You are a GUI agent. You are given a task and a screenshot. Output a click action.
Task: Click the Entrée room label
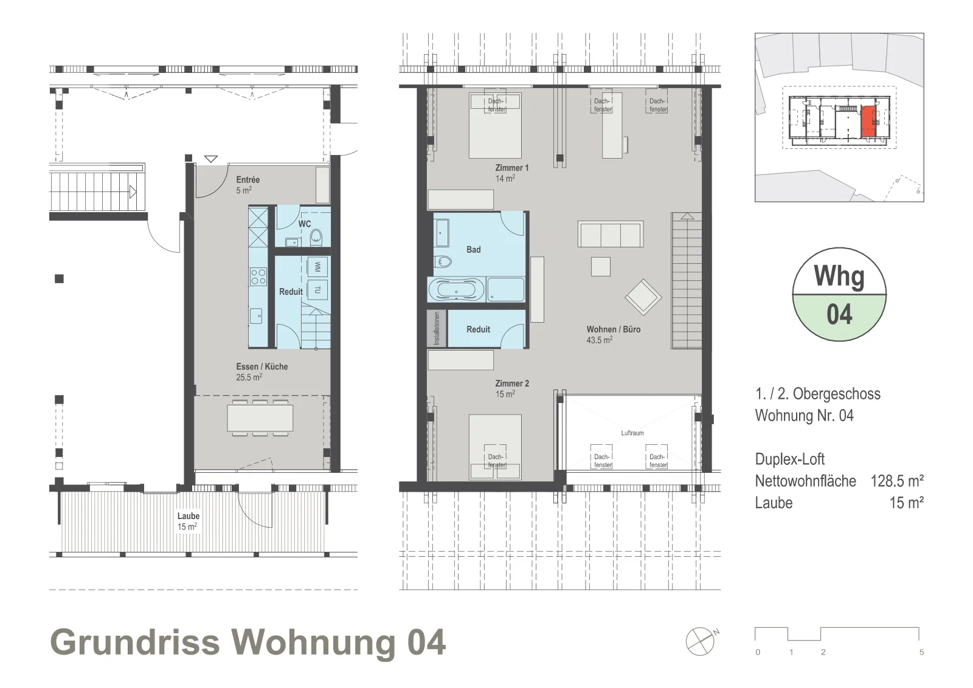(248, 180)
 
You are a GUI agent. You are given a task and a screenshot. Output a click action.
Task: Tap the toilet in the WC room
(316, 237)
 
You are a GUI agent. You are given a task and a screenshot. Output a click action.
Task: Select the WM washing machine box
(317, 266)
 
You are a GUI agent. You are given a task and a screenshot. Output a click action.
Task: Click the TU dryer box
(317, 289)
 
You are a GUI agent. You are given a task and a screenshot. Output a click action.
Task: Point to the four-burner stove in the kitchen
(258, 277)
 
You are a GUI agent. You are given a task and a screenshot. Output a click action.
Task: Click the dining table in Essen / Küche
(260, 418)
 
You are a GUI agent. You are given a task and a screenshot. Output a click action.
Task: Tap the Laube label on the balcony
(188, 516)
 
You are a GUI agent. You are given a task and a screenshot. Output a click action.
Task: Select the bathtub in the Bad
(455, 289)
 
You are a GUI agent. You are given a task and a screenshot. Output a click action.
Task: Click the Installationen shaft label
(437, 329)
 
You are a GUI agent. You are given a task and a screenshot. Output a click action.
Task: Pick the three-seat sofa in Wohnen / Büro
(611, 235)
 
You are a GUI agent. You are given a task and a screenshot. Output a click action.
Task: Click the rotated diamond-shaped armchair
(643, 297)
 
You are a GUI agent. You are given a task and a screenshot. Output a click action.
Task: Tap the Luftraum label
(632, 433)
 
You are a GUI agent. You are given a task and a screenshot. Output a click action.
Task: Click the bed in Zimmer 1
(495, 125)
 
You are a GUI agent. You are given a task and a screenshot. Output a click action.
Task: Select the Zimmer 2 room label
(512, 384)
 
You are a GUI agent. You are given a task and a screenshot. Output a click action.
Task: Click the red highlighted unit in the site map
(868, 121)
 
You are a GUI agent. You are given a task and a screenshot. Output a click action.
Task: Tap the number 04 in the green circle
(839, 315)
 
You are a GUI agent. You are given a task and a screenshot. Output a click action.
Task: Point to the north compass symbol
(701, 641)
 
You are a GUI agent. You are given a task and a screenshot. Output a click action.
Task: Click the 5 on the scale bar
(921, 652)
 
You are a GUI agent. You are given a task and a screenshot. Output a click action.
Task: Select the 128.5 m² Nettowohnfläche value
(897, 481)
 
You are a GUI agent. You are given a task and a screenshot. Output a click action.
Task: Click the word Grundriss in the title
(135, 642)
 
